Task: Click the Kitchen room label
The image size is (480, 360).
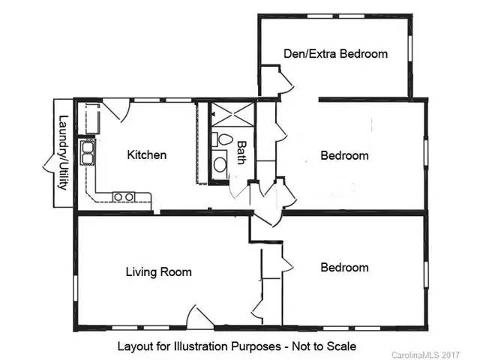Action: (x=146, y=155)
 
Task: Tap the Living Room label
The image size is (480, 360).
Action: (x=158, y=271)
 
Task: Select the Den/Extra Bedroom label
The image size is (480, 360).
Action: (x=335, y=53)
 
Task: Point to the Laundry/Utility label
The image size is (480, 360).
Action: (x=64, y=152)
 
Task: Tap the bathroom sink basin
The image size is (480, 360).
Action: (x=219, y=164)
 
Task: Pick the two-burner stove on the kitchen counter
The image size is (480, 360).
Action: (x=123, y=197)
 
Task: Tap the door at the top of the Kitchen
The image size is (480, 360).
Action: (x=114, y=109)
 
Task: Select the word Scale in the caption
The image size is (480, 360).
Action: (x=340, y=346)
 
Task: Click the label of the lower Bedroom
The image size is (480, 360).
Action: (x=344, y=268)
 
